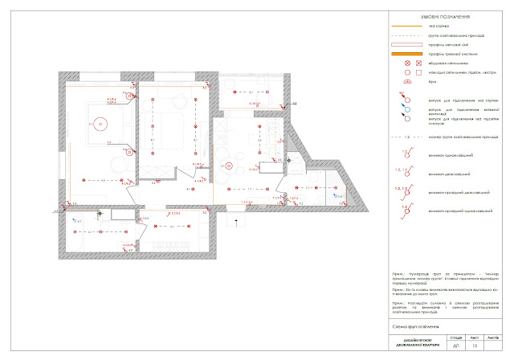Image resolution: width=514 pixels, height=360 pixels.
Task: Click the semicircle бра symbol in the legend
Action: pos(407,82)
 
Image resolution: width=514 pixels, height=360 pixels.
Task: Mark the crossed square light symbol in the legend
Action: pos(417,63)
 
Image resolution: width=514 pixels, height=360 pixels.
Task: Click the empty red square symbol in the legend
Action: pos(417,72)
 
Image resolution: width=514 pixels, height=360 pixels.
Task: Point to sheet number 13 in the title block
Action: pos(474,346)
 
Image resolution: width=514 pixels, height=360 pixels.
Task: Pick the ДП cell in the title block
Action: pos(455,346)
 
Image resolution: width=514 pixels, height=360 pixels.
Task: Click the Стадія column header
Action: pos(455,337)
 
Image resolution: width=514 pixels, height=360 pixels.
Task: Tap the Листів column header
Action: pos(492,337)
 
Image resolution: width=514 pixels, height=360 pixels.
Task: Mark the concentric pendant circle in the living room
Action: pos(230,166)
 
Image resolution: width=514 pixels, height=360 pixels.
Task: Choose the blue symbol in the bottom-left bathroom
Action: pos(76,219)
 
